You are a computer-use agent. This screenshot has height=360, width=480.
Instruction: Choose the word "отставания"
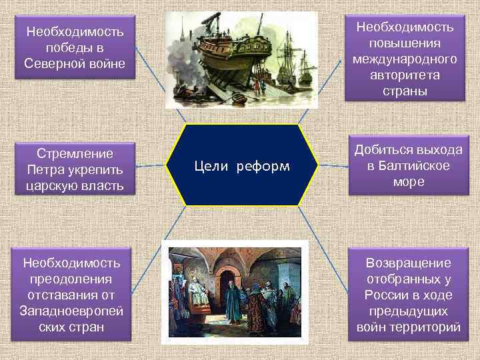[x=61, y=295]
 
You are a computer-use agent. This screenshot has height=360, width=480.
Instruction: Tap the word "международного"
[x=405, y=59]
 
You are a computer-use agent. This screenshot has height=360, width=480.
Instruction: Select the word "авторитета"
[x=405, y=74]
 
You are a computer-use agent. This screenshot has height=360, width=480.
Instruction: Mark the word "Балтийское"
[x=412, y=166]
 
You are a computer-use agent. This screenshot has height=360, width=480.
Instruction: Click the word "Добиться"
[x=387, y=150]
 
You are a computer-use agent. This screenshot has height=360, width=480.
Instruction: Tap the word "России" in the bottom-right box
[x=385, y=295]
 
